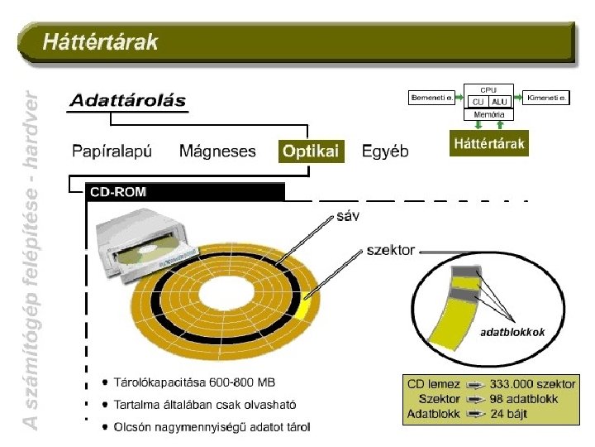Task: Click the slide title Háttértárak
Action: pyautogui.click(x=100, y=41)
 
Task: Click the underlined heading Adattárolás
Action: pyautogui.click(x=127, y=101)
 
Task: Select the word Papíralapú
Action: pyautogui.click(x=112, y=151)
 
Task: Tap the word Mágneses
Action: pyautogui.click(x=217, y=151)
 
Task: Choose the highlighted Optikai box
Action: pyautogui.click(x=310, y=151)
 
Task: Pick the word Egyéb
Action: pyautogui.click(x=385, y=151)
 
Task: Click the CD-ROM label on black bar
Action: pyautogui.click(x=117, y=192)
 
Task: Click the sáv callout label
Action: pyautogui.click(x=348, y=216)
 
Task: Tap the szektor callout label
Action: pyautogui.click(x=390, y=249)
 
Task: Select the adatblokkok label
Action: pyautogui.click(x=512, y=333)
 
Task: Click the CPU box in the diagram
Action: pyautogui.click(x=489, y=89)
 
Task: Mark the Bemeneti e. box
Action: pyautogui.click(x=431, y=98)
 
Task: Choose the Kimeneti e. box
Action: pyautogui.click(x=547, y=98)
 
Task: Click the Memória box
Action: pyautogui.click(x=489, y=114)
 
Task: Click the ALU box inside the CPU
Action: pyautogui.click(x=500, y=101)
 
